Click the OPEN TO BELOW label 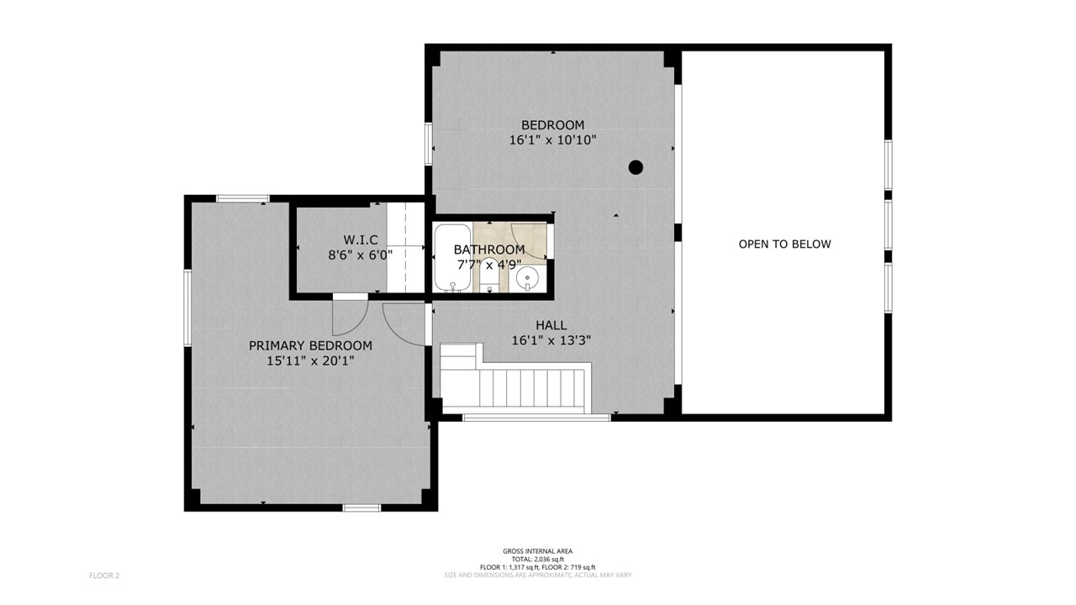tap(784, 244)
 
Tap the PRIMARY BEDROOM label tap(310, 345)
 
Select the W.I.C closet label tap(361, 239)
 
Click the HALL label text tap(551, 325)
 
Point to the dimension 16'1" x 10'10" tap(552, 140)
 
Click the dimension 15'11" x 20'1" tap(310, 361)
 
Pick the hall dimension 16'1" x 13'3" tap(551, 341)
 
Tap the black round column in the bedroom tap(636, 167)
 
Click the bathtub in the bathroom tap(452, 257)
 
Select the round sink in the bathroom tap(527, 278)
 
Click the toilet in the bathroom tap(489, 275)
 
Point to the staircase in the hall tap(516, 378)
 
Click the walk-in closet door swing tap(351, 318)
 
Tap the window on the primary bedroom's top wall tap(243, 198)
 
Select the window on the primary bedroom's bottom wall tap(361, 508)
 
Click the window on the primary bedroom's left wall tap(187, 308)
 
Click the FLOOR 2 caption tap(104, 576)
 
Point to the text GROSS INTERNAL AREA tap(537, 551)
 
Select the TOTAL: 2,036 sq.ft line tap(537, 560)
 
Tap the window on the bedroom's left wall tap(429, 144)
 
